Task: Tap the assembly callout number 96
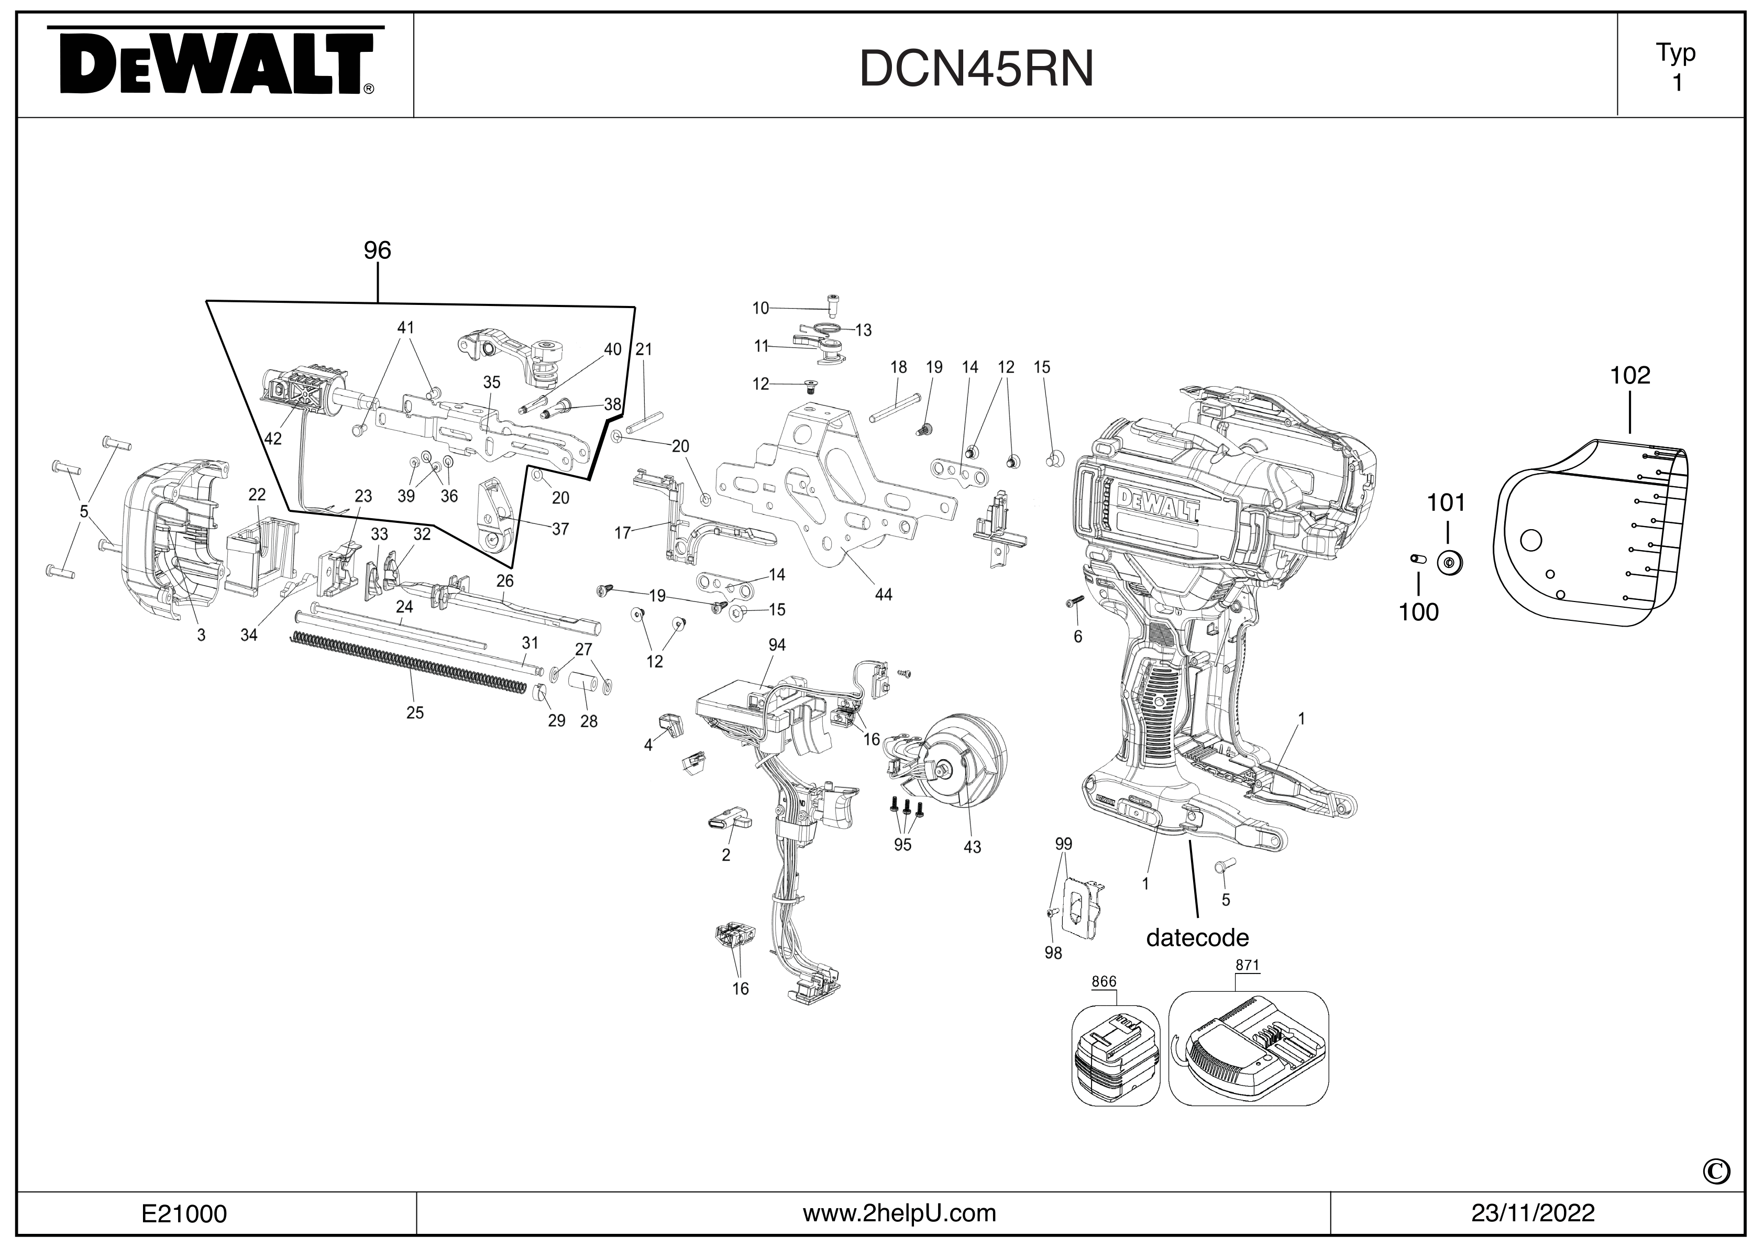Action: [x=377, y=250]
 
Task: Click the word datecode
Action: [x=1197, y=937]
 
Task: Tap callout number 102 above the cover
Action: [x=1629, y=376]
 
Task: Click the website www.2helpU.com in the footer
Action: [x=899, y=1213]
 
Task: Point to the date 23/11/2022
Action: [x=1533, y=1213]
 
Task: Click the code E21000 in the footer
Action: [x=184, y=1214]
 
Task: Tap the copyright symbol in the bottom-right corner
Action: [x=1716, y=1170]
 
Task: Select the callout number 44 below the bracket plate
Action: [x=884, y=595]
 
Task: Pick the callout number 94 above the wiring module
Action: [x=777, y=645]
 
